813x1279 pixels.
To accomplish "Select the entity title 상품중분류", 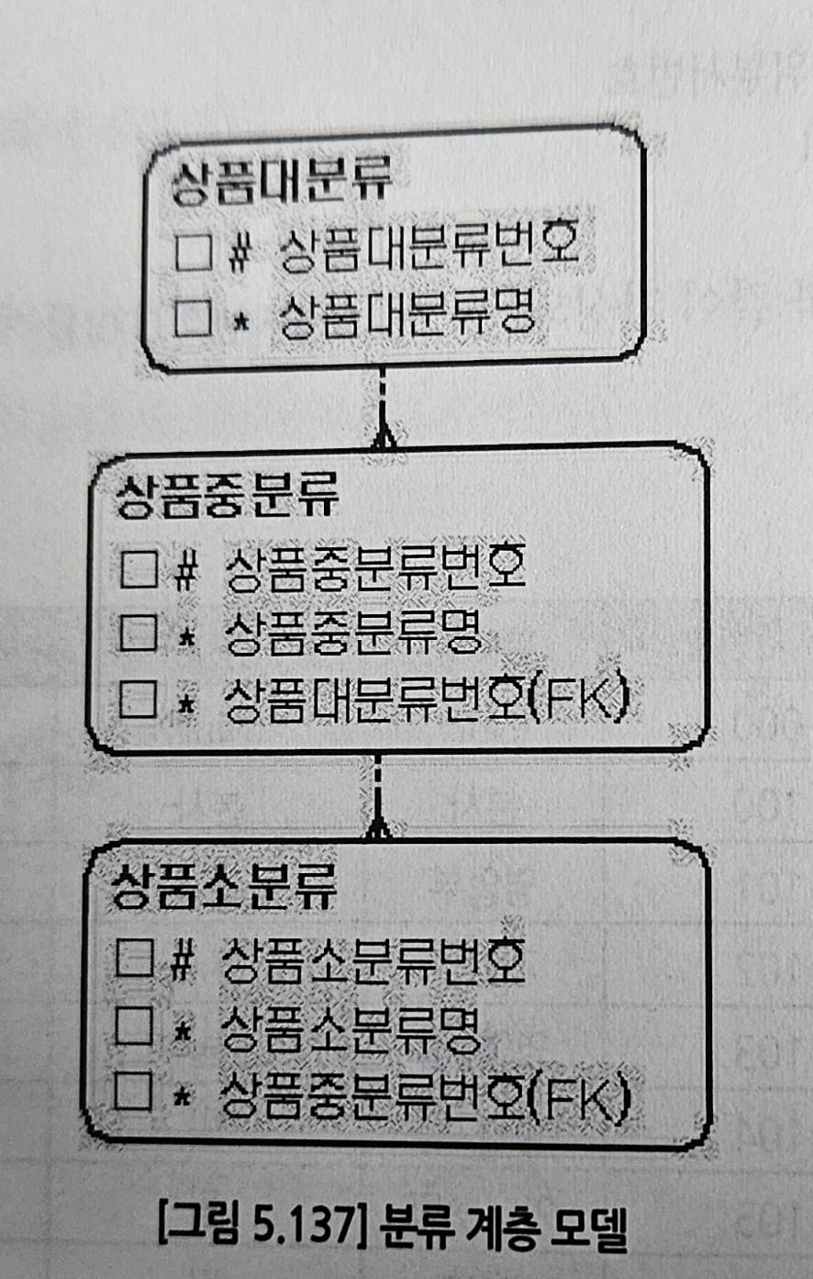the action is (x=228, y=494).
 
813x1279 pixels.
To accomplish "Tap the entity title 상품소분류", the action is (x=225, y=886).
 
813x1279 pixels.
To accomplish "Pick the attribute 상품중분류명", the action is (x=353, y=632).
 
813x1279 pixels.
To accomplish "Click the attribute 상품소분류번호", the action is (x=373, y=960).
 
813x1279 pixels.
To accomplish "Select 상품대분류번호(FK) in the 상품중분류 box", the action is (x=428, y=699).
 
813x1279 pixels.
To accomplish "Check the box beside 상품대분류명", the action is (x=194, y=317).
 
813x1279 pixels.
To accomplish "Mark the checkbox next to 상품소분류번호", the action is (x=136, y=959).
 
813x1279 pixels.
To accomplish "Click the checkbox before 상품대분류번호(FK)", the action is (x=139, y=699).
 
